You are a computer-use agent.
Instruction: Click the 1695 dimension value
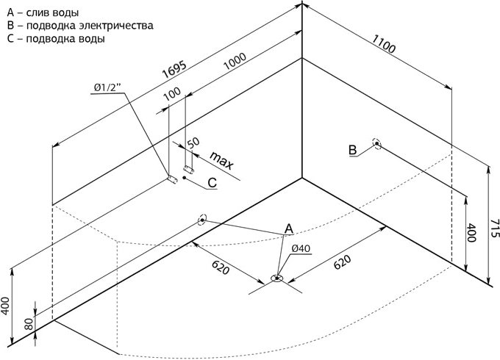point(174,69)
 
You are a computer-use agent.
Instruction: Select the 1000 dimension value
point(235,61)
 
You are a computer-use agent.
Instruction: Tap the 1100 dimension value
point(384,44)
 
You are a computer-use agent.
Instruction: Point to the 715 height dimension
point(494,228)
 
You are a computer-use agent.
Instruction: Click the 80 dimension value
point(29,324)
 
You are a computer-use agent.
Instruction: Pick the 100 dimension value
point(172,94)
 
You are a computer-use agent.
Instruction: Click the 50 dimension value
point(193,143)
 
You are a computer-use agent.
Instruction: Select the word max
point(222,160)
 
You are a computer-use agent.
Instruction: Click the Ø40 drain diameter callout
point(301,248)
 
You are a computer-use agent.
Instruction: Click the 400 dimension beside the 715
point(471,233)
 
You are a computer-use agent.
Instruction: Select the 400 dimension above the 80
point(6,306)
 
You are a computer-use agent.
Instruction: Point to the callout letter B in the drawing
point(353,150)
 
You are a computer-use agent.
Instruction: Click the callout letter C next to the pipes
point(212,183)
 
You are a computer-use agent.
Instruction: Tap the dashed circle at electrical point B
point(377,144)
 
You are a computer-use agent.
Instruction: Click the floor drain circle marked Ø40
point(276,278)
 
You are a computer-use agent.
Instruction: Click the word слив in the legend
point(36,12)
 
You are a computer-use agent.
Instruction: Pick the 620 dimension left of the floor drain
point(221,268)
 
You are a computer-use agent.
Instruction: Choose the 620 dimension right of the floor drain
point(342,262)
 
